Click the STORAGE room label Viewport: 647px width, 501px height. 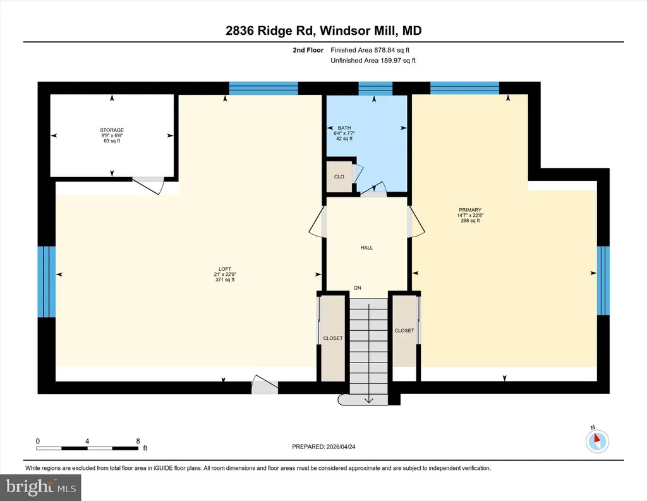click(x=112, y=130)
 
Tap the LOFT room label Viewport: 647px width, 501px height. click(x=225, y=269)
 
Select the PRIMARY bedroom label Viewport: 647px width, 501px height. click(x=470, y=210)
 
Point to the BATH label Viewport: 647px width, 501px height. click(x=344, y=128)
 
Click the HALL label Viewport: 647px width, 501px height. click(x=366, y=248)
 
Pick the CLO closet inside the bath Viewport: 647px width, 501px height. click(x=339, y=176)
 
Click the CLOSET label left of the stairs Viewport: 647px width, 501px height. click(x=333, y=338)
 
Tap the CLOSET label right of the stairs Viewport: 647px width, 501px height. click(x=404, y=331)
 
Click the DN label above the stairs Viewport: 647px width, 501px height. click(x=358, y=288)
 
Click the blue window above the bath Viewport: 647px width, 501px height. click(x=375, y=89)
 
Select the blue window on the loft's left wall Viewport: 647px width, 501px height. click(x=47, y=281)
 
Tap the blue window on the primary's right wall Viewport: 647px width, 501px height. click(x=603, y=280)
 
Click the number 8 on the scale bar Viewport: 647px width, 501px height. click(x=138, y=441)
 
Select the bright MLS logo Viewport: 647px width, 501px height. click(x=41, y=487)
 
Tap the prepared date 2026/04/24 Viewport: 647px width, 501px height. click(x=341, y=447)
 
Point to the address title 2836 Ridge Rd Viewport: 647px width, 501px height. click(x=270, y=30)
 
